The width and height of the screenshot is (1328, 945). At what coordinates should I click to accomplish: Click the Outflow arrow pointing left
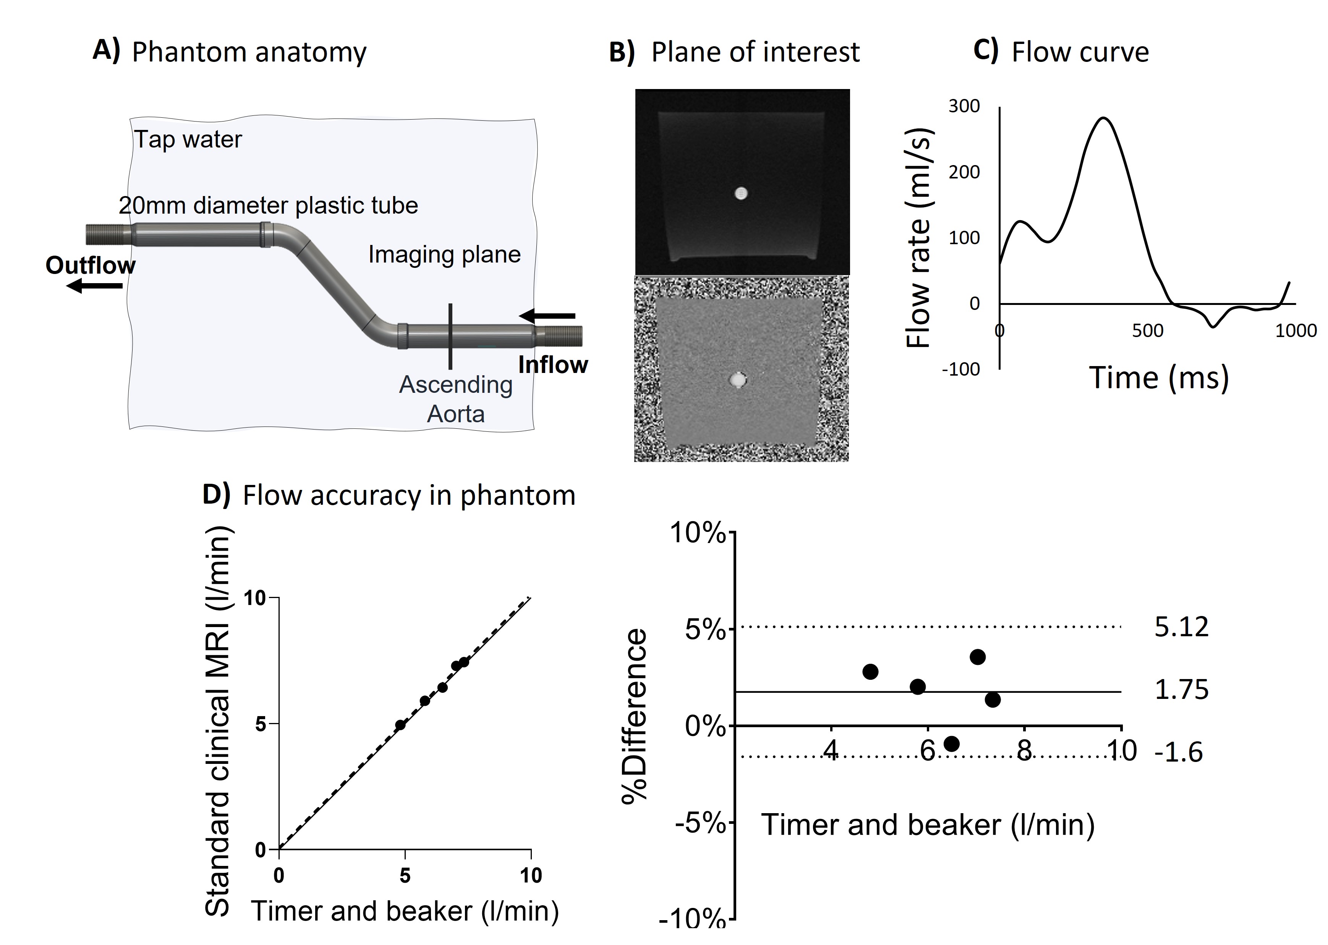pyautogui.click(x=94, y=286)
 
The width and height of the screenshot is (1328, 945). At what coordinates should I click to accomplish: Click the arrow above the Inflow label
pyautogui.click(x=547, y=316)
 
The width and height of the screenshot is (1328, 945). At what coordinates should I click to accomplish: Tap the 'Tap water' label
pyautogui.click(x=188, y=139)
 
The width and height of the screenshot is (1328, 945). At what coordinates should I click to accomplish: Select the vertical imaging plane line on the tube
pyautogui.click(x=450, y=336)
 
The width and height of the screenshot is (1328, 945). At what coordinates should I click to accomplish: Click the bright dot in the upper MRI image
pyautogui.click(x=740, y=194)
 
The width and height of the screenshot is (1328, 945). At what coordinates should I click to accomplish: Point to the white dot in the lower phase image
pyautogui.click(x=738, y=380)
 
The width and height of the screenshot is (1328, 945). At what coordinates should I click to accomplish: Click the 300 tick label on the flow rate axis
pyautogui.click(x=964, y=107)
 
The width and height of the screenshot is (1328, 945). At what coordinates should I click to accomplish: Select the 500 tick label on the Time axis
pyautogui.click(x=1147, y=331)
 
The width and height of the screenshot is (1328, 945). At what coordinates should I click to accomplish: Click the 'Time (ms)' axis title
pyautogui.click(x=1158, y=378)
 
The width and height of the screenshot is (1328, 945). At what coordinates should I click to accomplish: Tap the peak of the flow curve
pyautogui.click(x=1103, y=118)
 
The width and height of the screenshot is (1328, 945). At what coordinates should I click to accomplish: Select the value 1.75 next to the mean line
pyautogui.click(x=1181, y=690)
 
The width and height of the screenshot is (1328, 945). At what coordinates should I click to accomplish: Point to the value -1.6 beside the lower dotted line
pyautogui.click(x=1178, y=752)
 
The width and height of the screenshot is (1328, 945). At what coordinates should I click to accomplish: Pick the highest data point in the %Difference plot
pyautogui.click(x=977, y=657)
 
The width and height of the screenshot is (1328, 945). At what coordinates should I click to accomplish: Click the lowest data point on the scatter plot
pyautogui.click(x=400, y=725)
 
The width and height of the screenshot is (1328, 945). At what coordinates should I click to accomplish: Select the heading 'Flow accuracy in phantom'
pyautogui.click(x=408, y=496)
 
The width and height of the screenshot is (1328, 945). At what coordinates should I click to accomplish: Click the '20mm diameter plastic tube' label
pyautogui.click(x=268, y=206)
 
